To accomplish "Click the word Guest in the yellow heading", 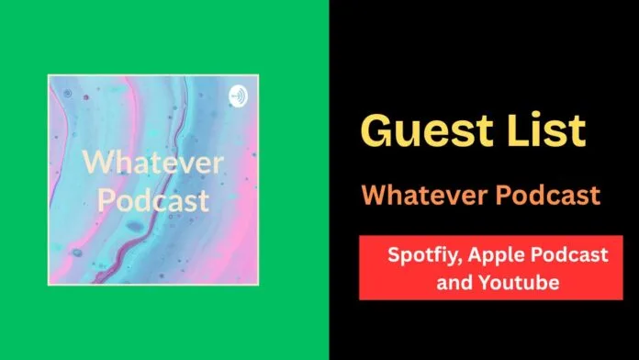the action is pos(426,130).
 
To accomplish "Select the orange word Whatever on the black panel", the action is pos(425,195).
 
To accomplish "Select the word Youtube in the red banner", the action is pos(519,282).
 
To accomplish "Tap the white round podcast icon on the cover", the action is pos(238,96).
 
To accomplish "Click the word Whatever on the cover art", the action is pos(152,163).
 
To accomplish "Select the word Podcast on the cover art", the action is pos(153,200).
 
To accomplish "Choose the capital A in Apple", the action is pos(476,255).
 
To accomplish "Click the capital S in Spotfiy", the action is pos(393,255).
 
